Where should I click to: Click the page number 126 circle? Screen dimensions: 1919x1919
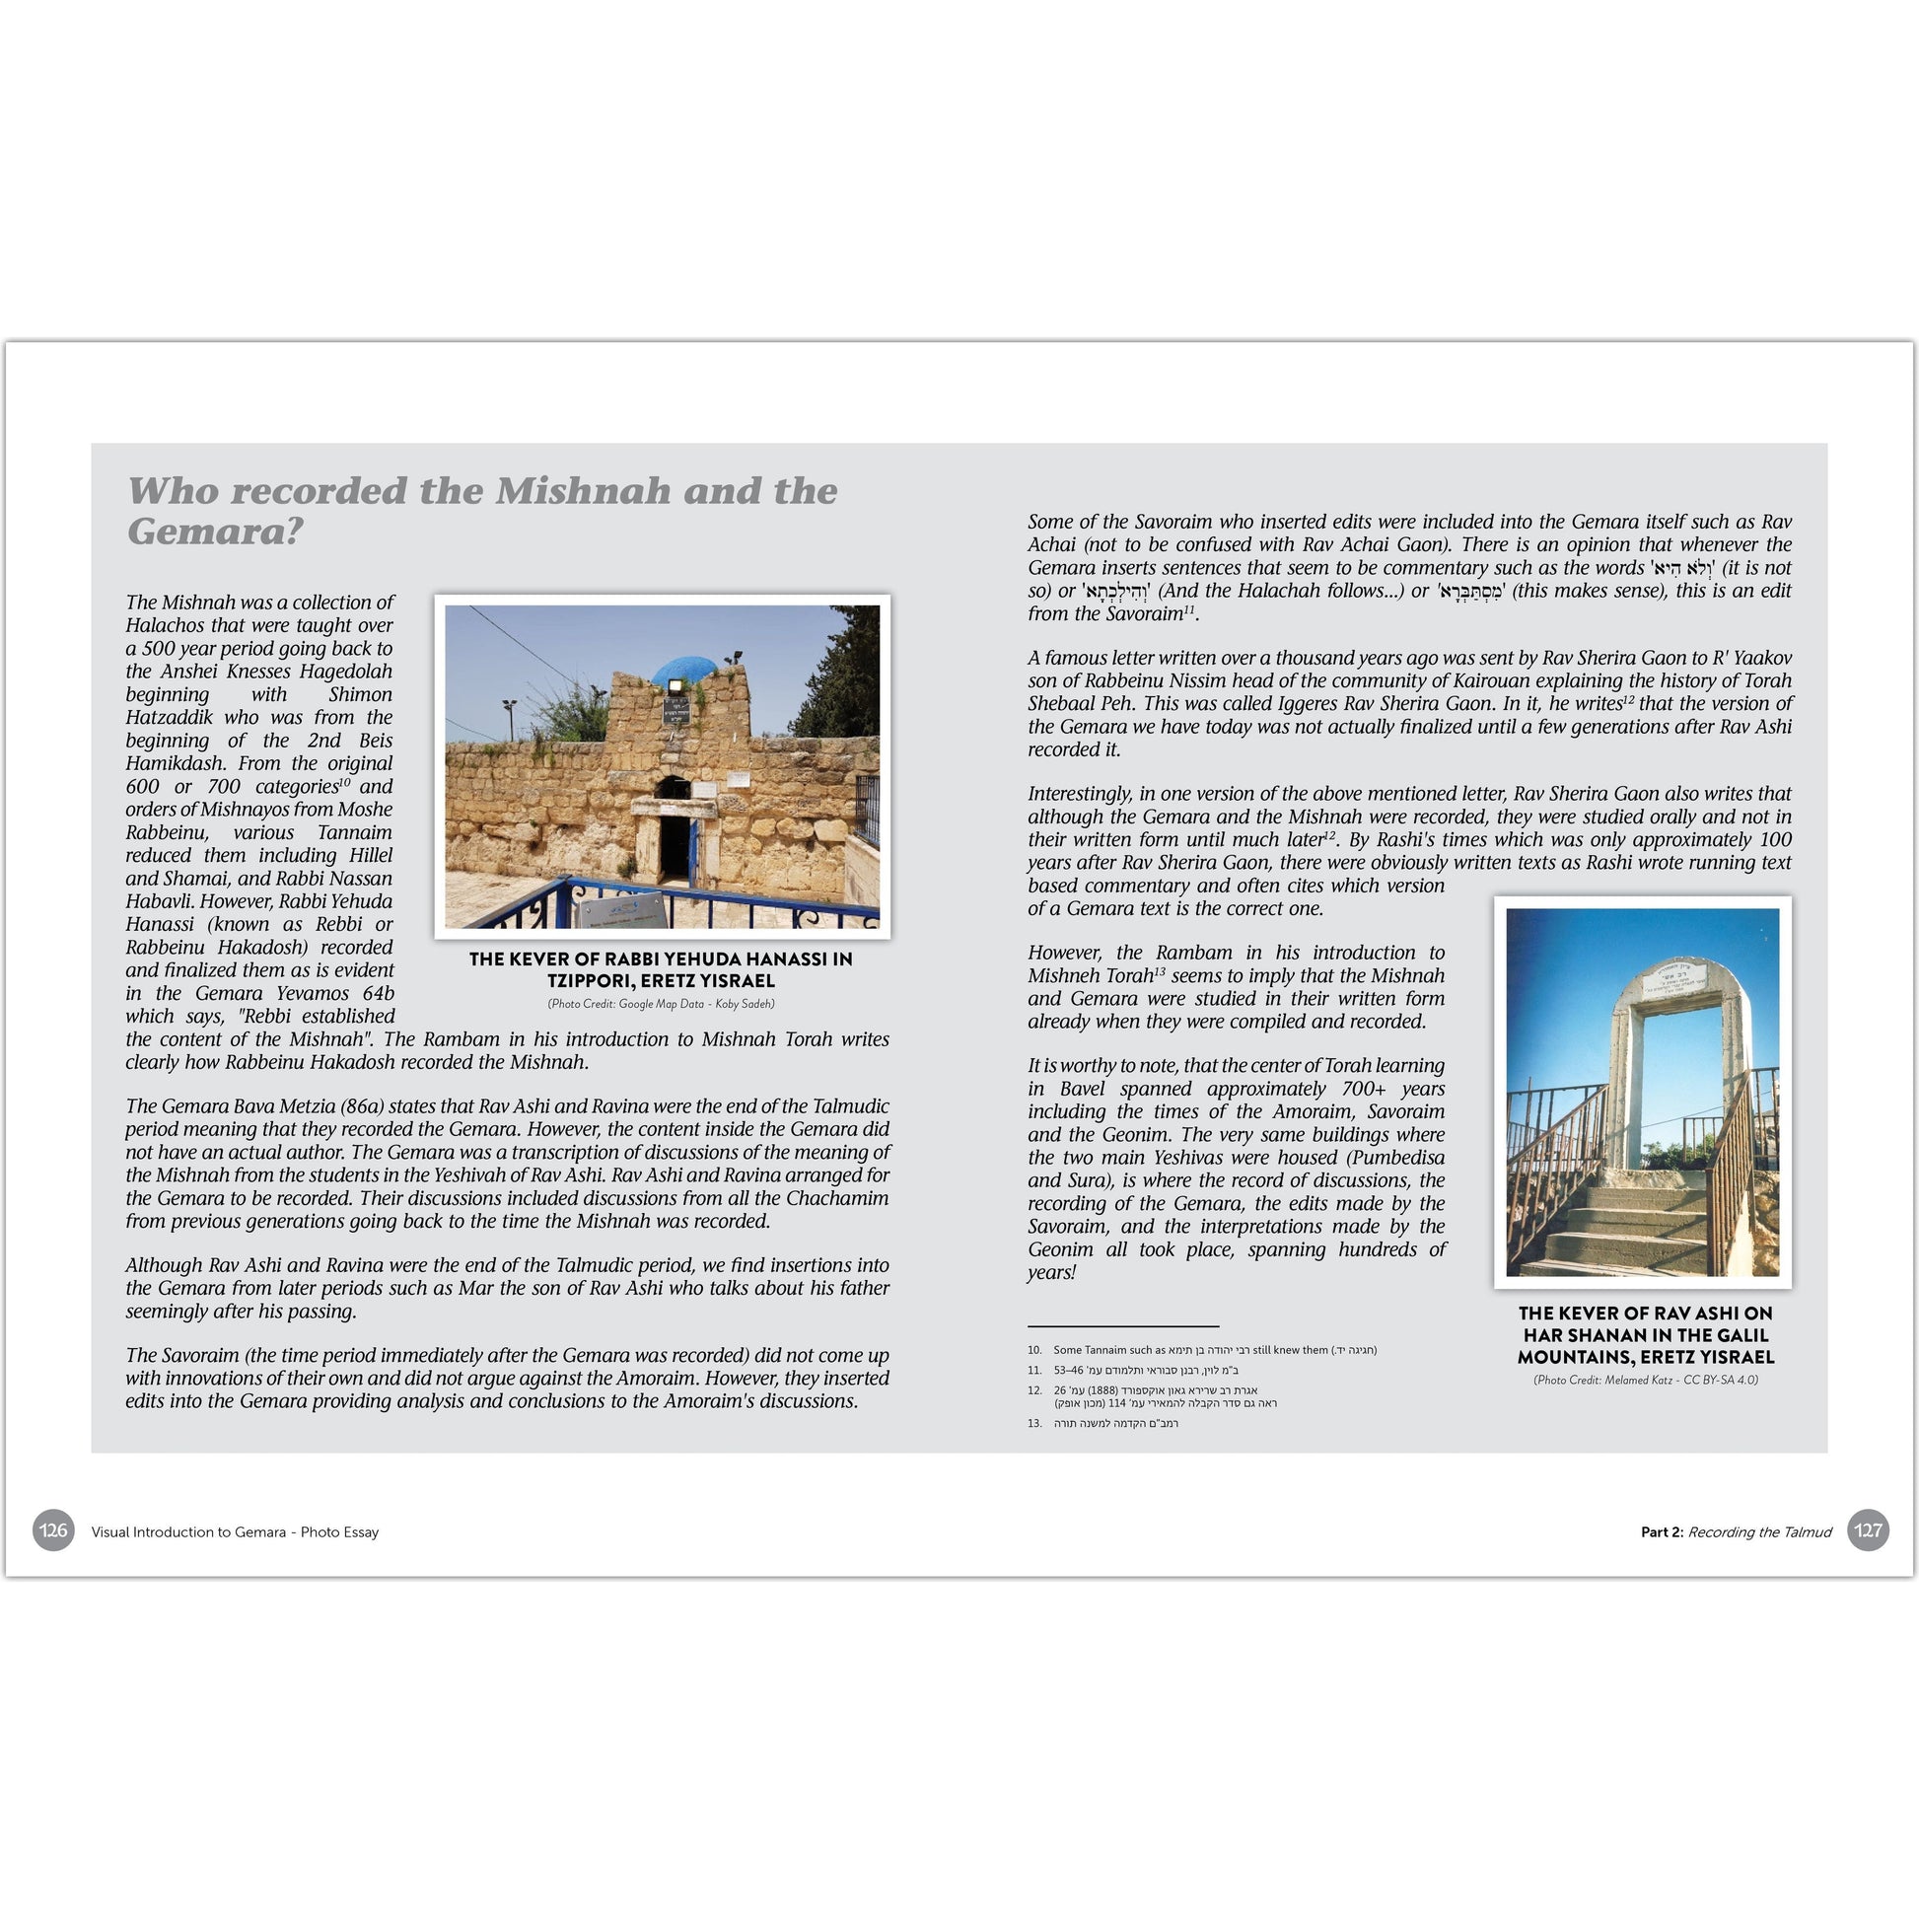click(53, 1530)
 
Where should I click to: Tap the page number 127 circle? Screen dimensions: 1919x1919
click(1869, 1530)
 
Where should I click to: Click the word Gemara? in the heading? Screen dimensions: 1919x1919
click(215, 533)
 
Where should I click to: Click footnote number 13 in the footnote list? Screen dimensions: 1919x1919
click(1034, 1423)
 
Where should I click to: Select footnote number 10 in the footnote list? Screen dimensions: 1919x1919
click(1034, 1350)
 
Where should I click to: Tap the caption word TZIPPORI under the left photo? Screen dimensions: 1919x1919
click(592, 981)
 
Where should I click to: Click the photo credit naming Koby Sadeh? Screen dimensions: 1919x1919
click(662, 1003)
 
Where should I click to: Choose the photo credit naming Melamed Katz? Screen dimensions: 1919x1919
click(1645, 1380)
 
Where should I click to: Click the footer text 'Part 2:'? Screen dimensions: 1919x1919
click(1662, 1531)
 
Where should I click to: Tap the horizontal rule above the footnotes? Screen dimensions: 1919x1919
click(1122, 1326)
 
